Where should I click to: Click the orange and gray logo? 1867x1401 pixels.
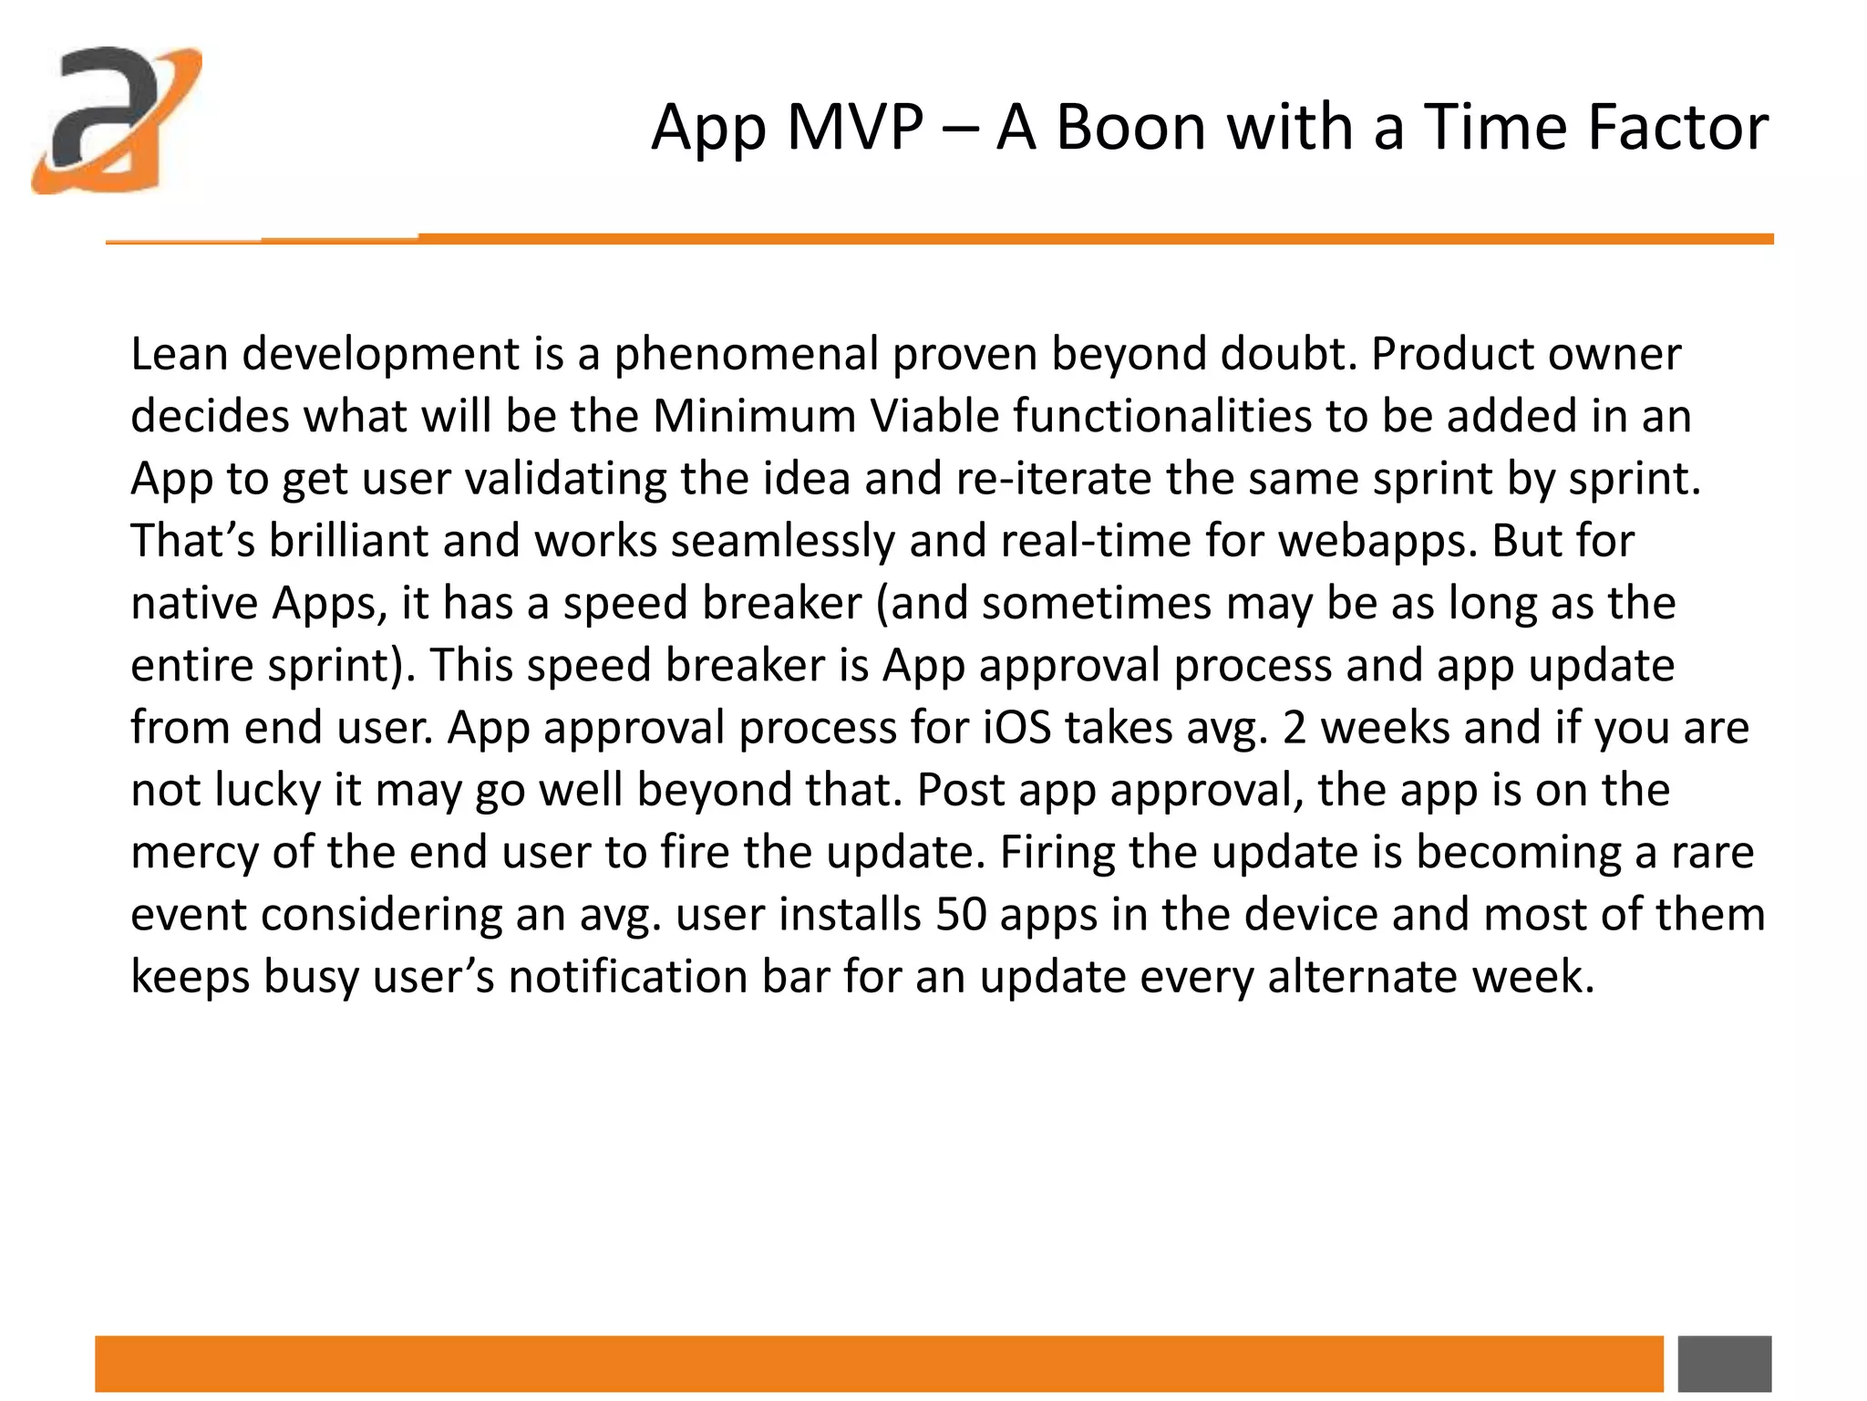point(117,119)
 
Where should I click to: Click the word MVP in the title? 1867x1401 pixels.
point(854,127)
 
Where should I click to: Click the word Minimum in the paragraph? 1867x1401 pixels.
point(753,416)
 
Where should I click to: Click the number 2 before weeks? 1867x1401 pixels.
point(1295,728)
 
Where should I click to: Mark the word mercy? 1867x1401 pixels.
point(194,852)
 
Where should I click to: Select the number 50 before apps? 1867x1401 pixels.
point(960,914)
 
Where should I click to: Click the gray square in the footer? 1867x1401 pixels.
point(1724,1364)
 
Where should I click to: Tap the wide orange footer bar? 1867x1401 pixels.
point(879,1364)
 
